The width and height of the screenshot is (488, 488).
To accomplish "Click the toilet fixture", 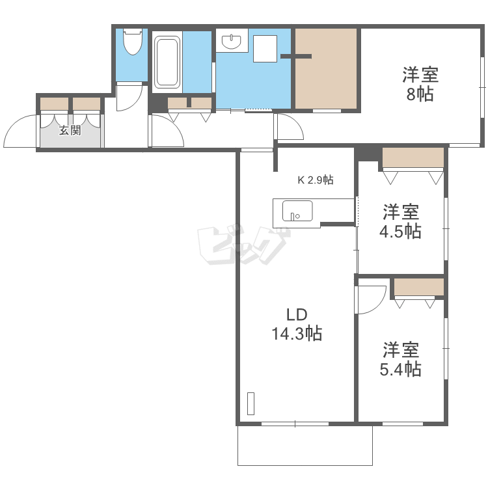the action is coord(133,42).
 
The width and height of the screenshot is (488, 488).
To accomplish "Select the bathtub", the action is coord(167,62).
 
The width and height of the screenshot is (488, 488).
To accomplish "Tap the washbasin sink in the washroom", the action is coord(231,42).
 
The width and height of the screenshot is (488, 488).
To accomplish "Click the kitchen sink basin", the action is coord(297,211).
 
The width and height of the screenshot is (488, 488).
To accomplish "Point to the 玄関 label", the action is coord(70,130).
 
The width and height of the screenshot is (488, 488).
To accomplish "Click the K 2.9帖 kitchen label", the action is coord(316,180).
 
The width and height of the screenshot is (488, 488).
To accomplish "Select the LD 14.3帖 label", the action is coord(297,324).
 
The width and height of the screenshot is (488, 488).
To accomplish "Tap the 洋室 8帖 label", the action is coord(420,84).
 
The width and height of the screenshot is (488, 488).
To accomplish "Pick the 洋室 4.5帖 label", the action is coord(401,221).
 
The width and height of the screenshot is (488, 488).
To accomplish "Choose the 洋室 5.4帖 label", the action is coord(401,359).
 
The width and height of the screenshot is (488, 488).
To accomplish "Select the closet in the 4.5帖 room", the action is coord(413,157).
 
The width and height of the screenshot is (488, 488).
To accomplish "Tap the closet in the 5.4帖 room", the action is coord(419,287).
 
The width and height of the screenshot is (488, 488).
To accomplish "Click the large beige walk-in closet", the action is coord(326,68).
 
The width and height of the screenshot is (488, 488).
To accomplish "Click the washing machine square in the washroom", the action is coord(265,49).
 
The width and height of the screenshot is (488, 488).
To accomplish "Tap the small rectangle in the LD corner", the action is coord(251,403).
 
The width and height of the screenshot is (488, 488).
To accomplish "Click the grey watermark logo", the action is coord(243,245).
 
